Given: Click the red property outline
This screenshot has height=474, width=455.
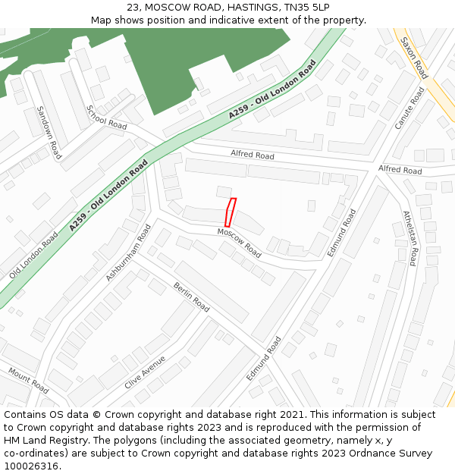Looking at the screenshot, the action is [231, 212].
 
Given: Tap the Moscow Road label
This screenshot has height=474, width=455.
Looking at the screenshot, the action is [239, 243].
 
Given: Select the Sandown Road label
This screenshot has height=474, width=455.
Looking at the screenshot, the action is [48, 133].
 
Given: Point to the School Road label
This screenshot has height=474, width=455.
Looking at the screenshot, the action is [107, 118].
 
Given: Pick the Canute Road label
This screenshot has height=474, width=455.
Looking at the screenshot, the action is [409, 108].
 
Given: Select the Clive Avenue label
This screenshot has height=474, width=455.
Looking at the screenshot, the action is [145, 372].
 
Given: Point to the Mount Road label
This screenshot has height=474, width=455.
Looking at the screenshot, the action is [29, 380].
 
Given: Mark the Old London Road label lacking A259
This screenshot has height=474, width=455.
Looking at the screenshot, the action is [33, 256].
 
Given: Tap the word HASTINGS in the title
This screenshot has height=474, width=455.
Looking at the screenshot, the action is [254, 7].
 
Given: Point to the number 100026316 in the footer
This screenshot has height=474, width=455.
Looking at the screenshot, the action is [33, 466].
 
